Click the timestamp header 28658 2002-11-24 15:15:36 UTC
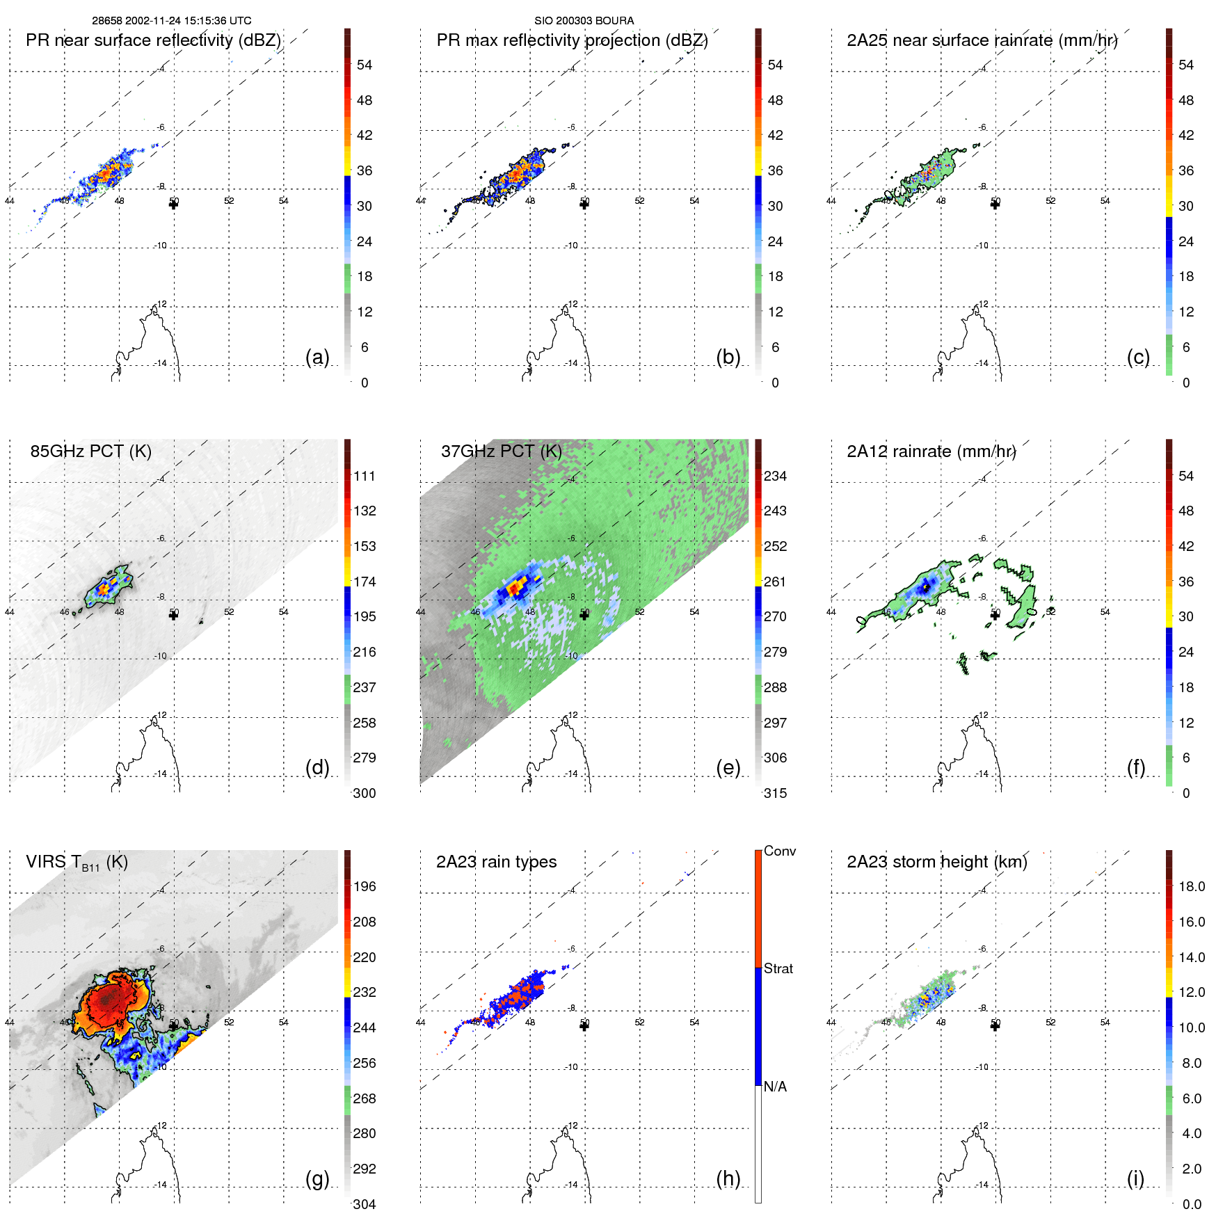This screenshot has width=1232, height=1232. [x=172, y=21]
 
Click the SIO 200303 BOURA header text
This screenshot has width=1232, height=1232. [x=584, y=21]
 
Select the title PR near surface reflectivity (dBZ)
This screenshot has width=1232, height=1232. [x=153, y=40]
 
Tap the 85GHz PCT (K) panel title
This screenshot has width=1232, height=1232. [x=90, y=451]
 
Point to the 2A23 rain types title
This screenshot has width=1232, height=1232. [x=496, y=862]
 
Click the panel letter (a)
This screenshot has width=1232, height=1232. [x=317, y=357]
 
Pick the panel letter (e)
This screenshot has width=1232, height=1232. [x=728, y=767]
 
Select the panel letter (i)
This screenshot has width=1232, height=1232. [x=1135, y=1178]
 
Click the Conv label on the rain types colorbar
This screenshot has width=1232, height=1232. [x=780, y=851]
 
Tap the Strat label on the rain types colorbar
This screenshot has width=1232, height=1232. [x=778, y=968]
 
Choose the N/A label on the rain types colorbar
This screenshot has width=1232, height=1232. [x=775, y=1087]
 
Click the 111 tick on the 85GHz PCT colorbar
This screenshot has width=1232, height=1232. [x=365, y=476]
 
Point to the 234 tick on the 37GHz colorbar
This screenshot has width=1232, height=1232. [x=775, y=476]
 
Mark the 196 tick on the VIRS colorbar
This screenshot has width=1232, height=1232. [x=365, y=886]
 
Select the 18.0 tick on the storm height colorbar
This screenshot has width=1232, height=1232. [x=1192, y=886]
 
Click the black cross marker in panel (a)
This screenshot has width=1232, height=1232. [x=174, y=204]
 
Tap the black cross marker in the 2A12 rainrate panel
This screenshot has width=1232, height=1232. [x=995, y=614]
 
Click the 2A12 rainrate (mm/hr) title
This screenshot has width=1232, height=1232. [x=931, y=451]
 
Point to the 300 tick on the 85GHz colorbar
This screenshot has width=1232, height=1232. [x=365, y=793]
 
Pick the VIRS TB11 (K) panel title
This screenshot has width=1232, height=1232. [x=77, y=862]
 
